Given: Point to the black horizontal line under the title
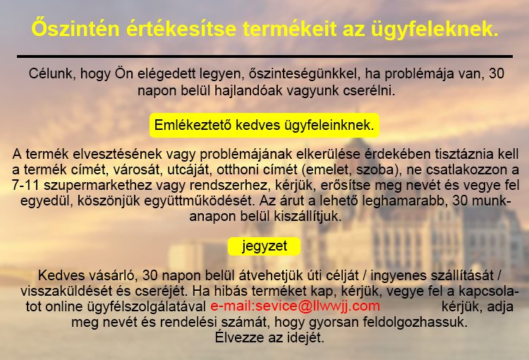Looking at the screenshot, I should [264, 56].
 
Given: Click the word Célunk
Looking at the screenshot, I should [51, 74].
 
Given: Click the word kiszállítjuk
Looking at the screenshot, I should [308, 217].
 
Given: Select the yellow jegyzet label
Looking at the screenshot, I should [264, 246].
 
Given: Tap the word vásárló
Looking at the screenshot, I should [110, 275].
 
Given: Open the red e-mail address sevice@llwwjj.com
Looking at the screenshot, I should [295, 306].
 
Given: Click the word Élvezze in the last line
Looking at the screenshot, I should [234, 338].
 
